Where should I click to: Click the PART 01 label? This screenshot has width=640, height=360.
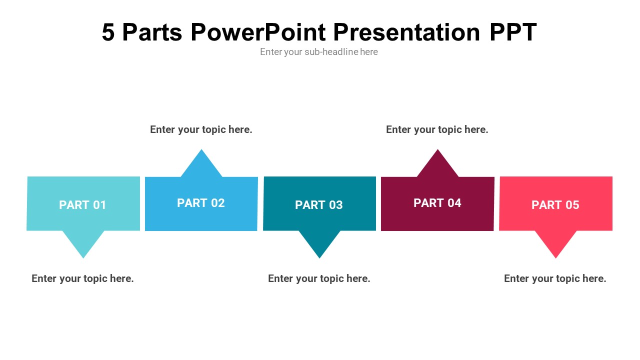(x=82, y=205)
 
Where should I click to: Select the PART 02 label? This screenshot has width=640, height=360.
(x=201, y=203)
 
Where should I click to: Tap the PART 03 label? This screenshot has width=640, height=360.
(x=319, y=205)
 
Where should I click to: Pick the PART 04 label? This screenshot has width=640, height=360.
(x=437, y=203)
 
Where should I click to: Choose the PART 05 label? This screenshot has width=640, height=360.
(x=555, y=205)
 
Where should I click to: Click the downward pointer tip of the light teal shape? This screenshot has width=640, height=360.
(x=83, y=258)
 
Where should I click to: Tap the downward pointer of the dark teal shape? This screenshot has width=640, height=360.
(x=319, y=244)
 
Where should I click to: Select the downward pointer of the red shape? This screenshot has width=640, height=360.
(x=555, y=244)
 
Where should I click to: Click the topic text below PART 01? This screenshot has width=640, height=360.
(x=82, y=278)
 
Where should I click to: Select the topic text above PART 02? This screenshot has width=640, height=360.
(x=201, y=129)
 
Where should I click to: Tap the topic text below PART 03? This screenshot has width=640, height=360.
(x=319, y=278)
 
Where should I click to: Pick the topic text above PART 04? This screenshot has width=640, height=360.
(x=437, y=129)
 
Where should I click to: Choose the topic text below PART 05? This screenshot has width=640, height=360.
(x=555, y=278)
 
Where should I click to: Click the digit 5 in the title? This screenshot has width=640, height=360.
(x=108, y=32)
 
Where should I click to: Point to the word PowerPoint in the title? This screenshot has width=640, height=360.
(x=258, y=32)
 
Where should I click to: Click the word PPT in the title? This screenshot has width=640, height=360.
(x=513, y=32)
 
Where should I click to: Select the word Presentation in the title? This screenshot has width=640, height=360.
(x=406, y=32)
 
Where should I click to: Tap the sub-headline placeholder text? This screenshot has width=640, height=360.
(x=319, y=52)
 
